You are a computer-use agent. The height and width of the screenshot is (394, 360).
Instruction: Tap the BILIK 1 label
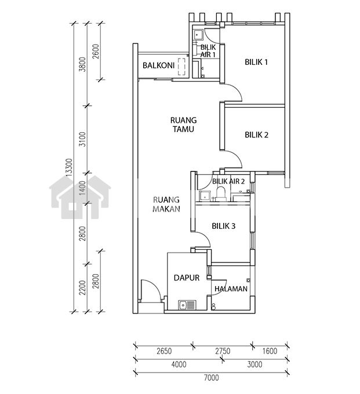tap(256, 62)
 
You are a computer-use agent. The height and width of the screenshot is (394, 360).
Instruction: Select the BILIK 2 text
tap(256, 135)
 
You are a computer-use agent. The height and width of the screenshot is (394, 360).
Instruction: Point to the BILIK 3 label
tap(224, 226)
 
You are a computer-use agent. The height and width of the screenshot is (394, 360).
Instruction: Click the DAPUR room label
tap(187, 278)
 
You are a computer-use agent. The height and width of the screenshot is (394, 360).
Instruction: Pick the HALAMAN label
tap(231, 289)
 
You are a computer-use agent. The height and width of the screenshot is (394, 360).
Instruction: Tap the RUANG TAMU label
tap(184, 125)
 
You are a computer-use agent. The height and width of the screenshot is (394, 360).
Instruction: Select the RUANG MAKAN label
tap(166, 205)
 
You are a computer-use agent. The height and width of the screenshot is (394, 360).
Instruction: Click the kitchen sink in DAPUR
tap(187, 305)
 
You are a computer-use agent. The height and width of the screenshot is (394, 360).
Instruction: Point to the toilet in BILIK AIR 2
tap(221, 194)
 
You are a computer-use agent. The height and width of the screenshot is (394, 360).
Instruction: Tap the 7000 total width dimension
tap(211, 377)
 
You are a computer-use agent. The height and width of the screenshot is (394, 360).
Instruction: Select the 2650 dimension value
tap(164, 351)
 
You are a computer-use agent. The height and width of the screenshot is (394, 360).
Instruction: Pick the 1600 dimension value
tap(270, 351)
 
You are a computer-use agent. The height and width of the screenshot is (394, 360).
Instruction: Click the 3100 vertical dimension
tap(82, 140)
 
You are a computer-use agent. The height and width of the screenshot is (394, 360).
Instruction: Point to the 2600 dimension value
tap(96, 52)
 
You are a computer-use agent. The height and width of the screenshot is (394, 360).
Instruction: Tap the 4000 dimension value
tap(179, 364)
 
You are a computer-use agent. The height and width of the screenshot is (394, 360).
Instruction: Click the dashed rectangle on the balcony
tap(181, 67)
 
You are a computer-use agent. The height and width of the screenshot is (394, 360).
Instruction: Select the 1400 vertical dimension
tap(82, 188)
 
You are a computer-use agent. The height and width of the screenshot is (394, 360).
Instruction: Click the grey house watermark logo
tap(80, 197)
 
